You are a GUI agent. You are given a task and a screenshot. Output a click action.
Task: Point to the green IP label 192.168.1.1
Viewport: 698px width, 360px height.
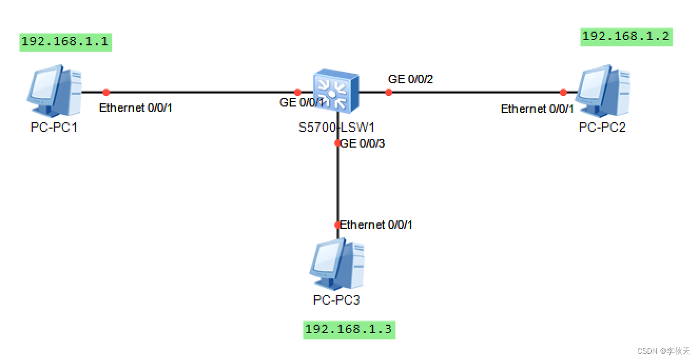point(66,42)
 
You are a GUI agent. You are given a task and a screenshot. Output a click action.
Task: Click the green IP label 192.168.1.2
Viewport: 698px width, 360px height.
point(626,36)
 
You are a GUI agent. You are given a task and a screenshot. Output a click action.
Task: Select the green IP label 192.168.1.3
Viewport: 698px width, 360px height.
point(349,329)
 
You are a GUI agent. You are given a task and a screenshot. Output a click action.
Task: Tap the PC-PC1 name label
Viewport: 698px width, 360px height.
point(54,128)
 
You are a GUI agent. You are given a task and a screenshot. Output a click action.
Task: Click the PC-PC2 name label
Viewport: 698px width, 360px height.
point(602,128)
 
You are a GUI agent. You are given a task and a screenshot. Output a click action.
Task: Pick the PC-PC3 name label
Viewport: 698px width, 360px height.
point(336,300)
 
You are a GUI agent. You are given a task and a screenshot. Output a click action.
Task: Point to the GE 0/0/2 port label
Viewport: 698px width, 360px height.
point(411,80)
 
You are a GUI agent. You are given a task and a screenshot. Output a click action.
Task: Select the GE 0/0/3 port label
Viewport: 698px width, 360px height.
point(363,143)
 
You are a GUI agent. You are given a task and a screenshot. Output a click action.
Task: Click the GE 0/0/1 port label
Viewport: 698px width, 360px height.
point(302,103)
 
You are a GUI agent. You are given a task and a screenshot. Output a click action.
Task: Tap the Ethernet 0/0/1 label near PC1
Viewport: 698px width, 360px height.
point(135,108)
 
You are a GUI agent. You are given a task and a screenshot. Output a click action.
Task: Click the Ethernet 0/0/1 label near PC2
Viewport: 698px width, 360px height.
point(537,109)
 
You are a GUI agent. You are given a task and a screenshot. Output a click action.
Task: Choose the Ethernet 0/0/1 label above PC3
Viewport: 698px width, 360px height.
point(376,225)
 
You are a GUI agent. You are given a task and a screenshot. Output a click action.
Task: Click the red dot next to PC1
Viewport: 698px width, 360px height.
point(106,92)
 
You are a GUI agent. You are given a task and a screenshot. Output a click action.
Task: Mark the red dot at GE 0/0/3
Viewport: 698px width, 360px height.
point(337,143)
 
